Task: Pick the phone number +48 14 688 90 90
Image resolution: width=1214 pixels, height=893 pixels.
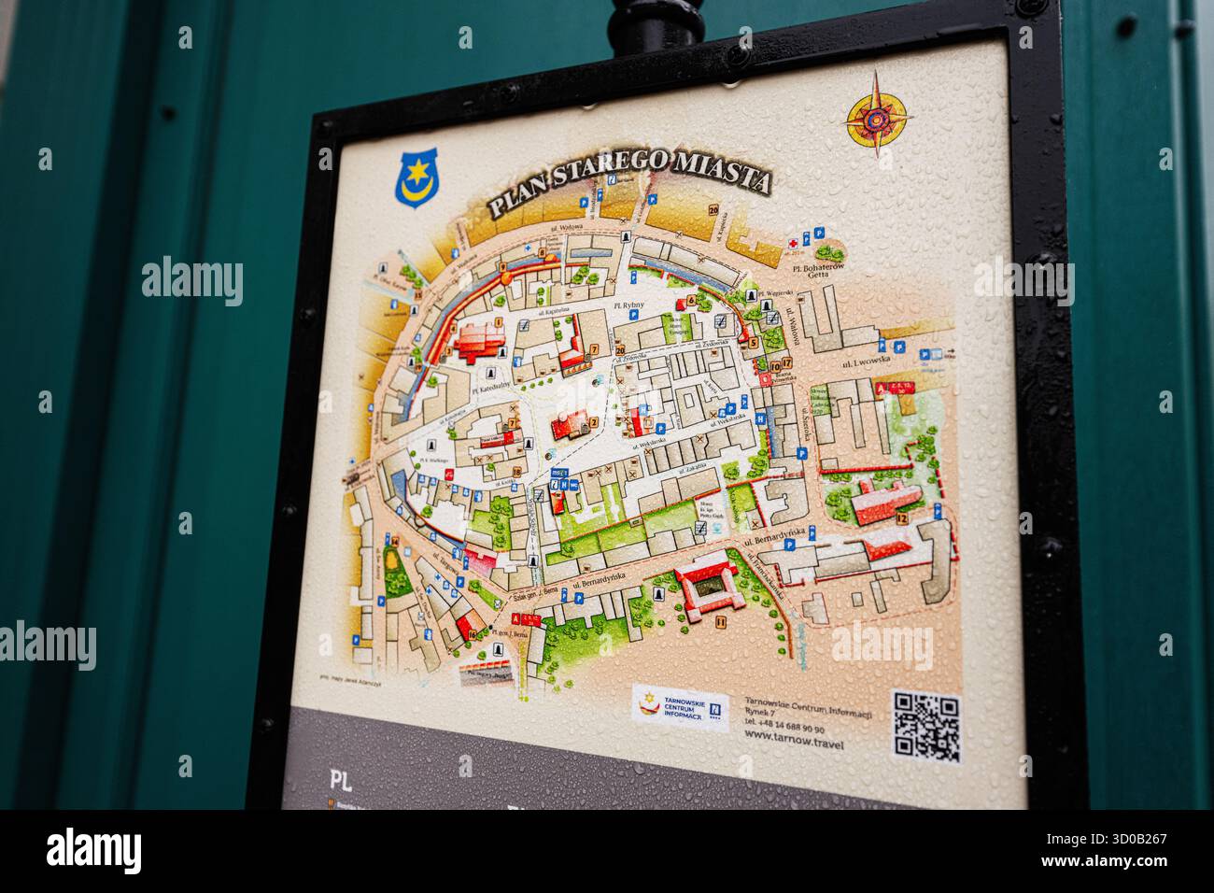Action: point(784,729)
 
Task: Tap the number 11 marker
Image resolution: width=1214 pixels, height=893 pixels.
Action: point(720,621)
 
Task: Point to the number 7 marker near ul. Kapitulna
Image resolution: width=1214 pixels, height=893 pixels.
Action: point(594,349)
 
